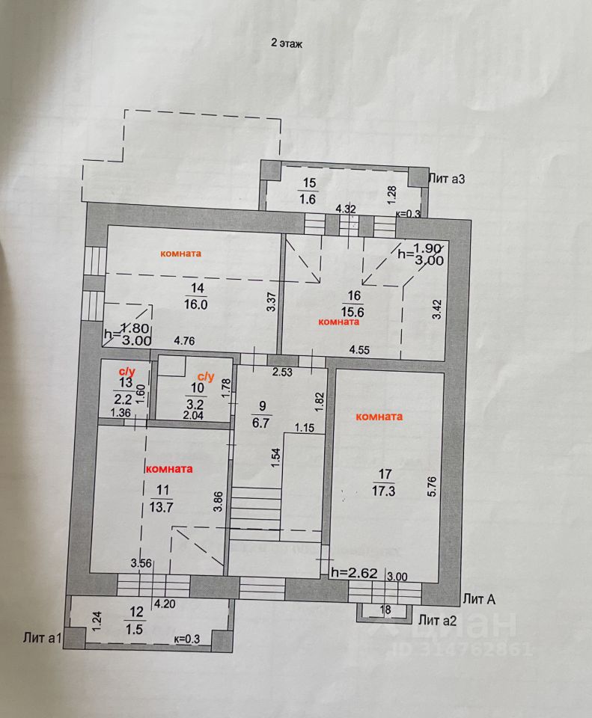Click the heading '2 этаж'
(286, 43)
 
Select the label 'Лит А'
(481, 599)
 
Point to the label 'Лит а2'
(438, 619)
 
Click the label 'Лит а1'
(41, 637)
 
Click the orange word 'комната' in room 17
(380, 417)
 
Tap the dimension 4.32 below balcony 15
(345, 209)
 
